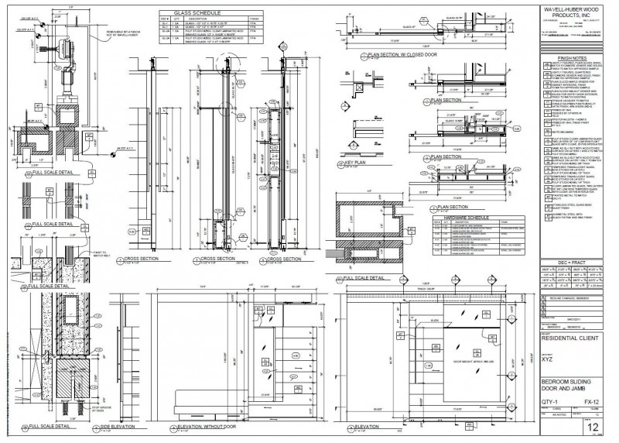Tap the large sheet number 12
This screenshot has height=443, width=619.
point(593,428)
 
